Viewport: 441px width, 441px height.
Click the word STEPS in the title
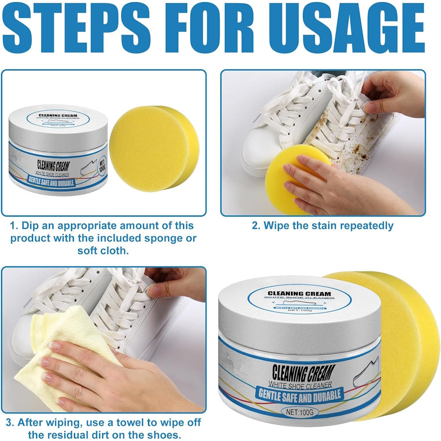coord(76,27)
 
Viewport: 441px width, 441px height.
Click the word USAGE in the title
coord(347,27)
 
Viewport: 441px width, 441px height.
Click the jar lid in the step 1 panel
coord(58,128)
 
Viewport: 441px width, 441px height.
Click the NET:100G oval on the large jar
coord(300,412)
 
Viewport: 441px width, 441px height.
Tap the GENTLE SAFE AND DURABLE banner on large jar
coord(300,394)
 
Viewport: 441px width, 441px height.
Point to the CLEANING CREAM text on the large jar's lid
coord(299,294)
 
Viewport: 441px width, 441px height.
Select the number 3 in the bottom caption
coord(10,422)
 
